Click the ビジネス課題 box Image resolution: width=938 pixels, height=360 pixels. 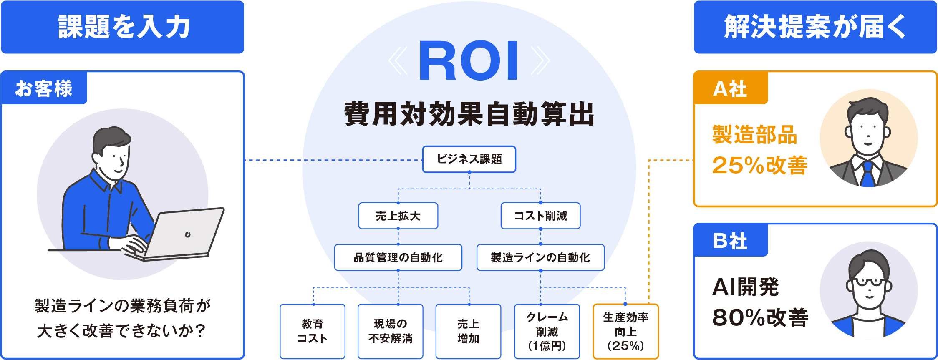tap(469, 159)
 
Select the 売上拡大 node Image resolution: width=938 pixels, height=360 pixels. tap(398, 216)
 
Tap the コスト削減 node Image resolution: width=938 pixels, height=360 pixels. tap(540, 216)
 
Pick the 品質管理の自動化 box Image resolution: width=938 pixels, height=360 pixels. tap(398, 257)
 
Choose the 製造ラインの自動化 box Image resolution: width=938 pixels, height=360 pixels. tap(540, 257)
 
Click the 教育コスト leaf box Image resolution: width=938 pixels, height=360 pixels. tap(313, 331)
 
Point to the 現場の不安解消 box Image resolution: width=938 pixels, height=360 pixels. tap(390, 331)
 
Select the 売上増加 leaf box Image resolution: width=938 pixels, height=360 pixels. tap(468, 331)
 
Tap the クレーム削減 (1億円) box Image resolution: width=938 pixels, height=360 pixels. tap(547, 331)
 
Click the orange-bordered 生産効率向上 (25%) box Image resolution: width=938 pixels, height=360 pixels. tap(625, 331)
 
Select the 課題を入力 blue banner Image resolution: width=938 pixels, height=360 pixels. tap(122, 27)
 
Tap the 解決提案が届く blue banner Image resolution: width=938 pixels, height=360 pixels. tap(815, 27)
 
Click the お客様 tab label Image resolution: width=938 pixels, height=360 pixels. tap(44, 88)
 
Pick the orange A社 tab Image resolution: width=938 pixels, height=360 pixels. tap(730, 88)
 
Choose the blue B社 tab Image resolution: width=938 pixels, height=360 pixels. tap(730, 241)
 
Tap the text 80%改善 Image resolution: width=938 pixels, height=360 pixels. tap(760, 317)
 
